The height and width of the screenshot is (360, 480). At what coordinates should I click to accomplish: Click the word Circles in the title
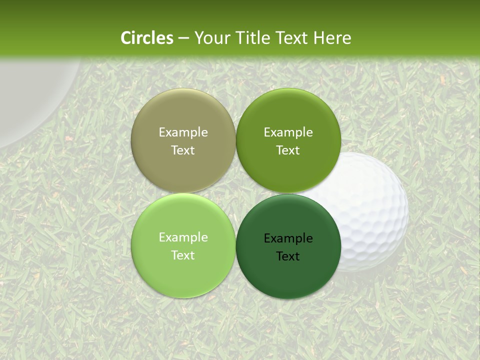pos(147,38)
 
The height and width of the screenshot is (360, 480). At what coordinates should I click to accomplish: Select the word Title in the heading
pos(251,38)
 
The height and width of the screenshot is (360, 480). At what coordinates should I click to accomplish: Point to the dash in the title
pos(183,38)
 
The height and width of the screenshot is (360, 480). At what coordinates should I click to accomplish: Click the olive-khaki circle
pos(183,115)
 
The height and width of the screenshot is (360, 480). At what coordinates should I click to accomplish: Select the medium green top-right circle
pos(288,115)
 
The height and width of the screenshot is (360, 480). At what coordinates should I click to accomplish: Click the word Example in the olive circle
pos(183,132)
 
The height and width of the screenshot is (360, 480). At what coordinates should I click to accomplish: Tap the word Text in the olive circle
pos(183,150)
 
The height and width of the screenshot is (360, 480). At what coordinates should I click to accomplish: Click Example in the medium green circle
pos(288,132)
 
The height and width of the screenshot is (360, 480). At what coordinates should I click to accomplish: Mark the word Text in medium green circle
pos(288,150)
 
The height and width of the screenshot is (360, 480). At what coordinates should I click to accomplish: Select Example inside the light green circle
pos(183,237)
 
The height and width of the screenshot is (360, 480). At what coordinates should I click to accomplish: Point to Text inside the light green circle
pos(183,255)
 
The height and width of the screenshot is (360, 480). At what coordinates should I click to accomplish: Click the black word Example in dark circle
pos(288,238)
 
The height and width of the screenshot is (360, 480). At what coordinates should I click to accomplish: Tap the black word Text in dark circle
pos(288,256)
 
